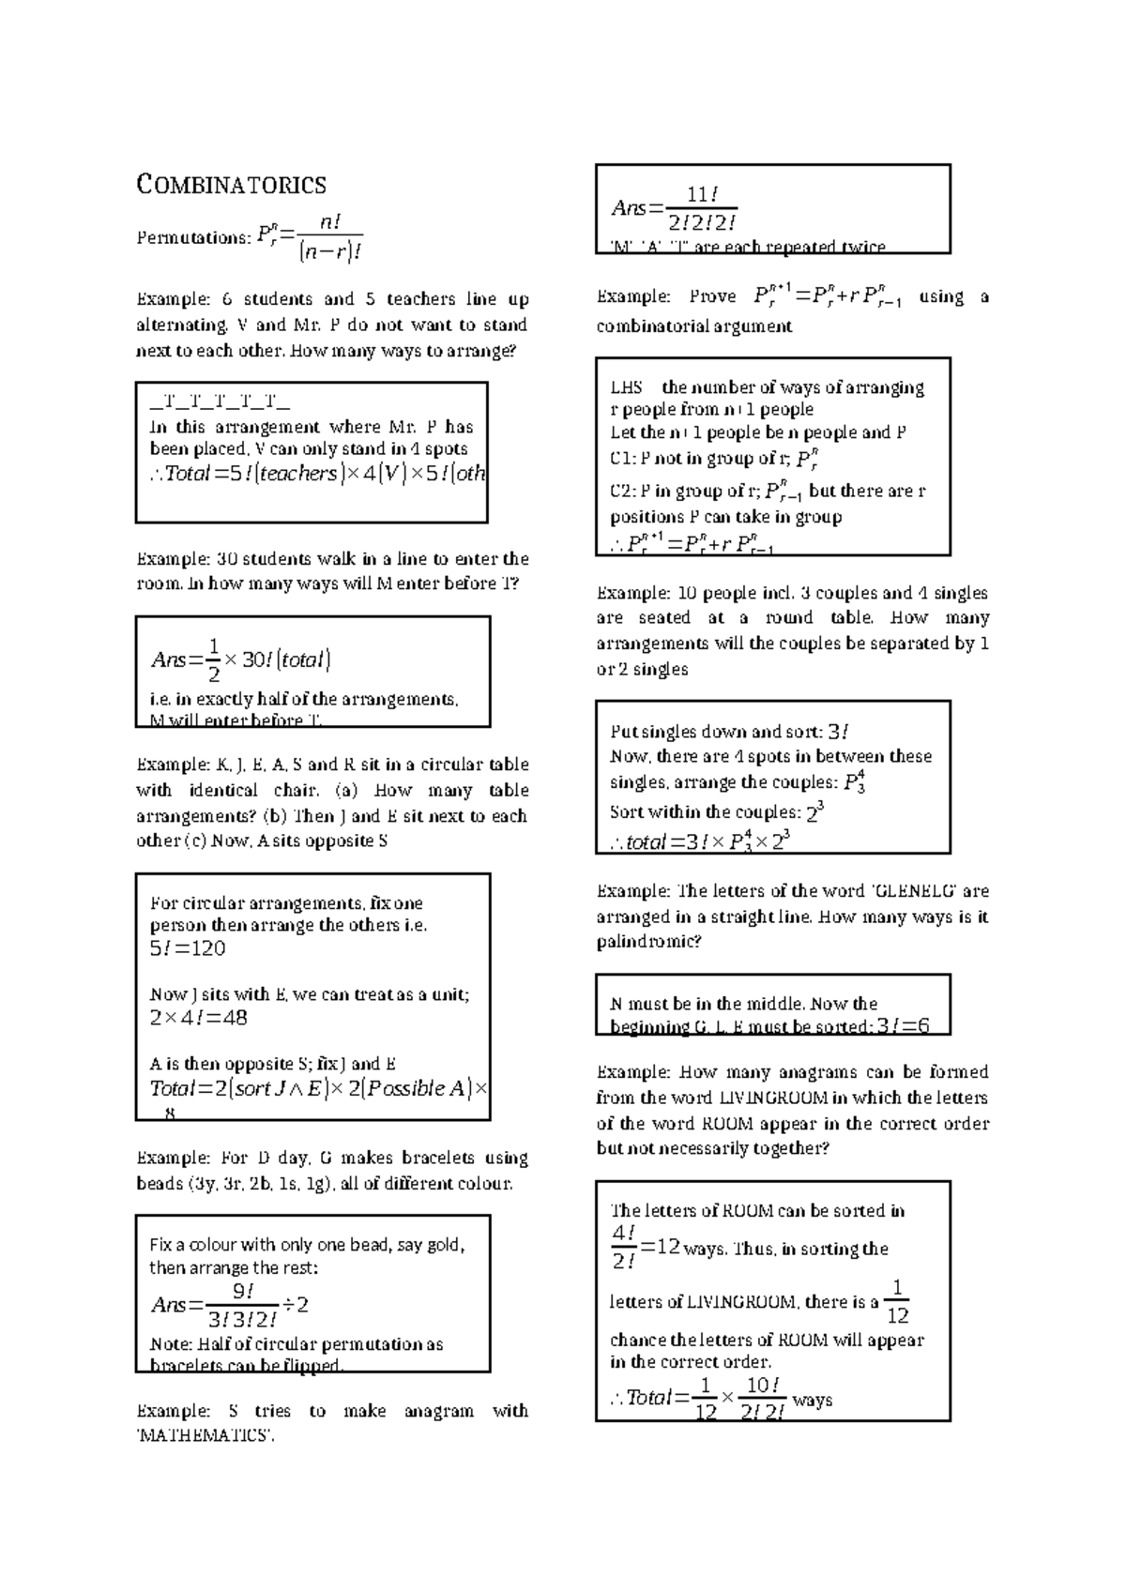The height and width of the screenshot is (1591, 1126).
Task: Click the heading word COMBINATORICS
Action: tap(232, 185)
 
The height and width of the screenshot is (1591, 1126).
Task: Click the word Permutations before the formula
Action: tap(191, 238)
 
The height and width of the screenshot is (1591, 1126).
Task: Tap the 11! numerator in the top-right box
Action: tap(702, 194)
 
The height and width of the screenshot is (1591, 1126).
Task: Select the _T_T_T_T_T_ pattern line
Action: tap(220, 404)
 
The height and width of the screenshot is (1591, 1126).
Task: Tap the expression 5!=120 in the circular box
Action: tap(188, 948)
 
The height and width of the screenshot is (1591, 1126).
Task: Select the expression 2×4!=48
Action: tap(198, 1018)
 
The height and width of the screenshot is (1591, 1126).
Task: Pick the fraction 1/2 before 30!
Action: tap(214, 660)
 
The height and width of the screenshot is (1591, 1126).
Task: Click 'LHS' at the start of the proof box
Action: tap(626, 387)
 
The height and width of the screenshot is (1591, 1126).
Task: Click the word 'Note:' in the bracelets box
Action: tap(171, 1344)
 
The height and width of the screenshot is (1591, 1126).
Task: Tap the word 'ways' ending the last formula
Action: tap(813, 1400)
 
